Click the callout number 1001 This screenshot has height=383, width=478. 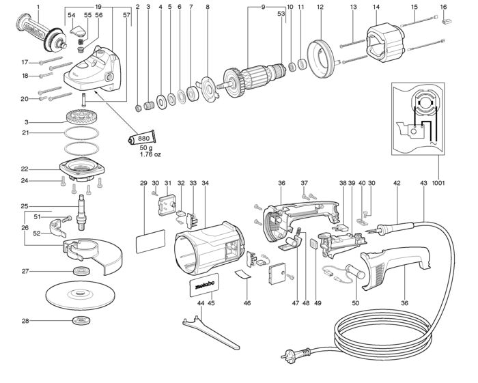click(x=438, y=183)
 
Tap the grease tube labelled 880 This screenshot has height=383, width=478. click(x=142, y=138)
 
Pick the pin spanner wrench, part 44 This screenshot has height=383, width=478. click(x=210, y=332)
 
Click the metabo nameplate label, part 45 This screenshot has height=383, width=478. click(x=203, y=285)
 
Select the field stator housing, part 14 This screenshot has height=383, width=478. click(x=385, y=44)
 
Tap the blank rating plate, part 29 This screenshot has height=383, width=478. click(x=150, y=242)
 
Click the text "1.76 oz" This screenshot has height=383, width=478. click(x=150, y=154)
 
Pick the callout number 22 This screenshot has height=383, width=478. click(x=25, y=169)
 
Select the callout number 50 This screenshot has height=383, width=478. click(x=356, y=303)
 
